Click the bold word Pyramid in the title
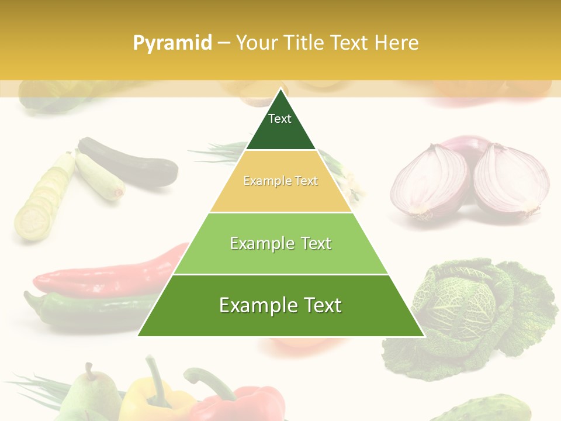[172, 43]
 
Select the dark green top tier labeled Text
[280, 126]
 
